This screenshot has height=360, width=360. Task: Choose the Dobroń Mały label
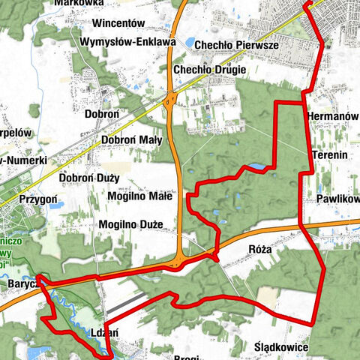(127, 138)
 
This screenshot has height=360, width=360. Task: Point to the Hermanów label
(333, 116)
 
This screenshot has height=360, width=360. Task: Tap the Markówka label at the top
(79, 3)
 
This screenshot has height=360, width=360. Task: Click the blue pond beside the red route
(256, 166)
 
